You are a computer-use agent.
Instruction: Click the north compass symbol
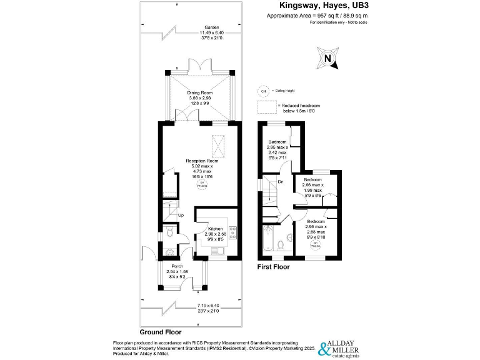point(327,59)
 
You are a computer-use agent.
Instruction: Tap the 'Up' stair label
point(181,216)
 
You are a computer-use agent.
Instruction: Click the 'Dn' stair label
point(281,182)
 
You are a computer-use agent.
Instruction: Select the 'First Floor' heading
point(274,267)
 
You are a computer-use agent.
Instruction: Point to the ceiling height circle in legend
point(262,91)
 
